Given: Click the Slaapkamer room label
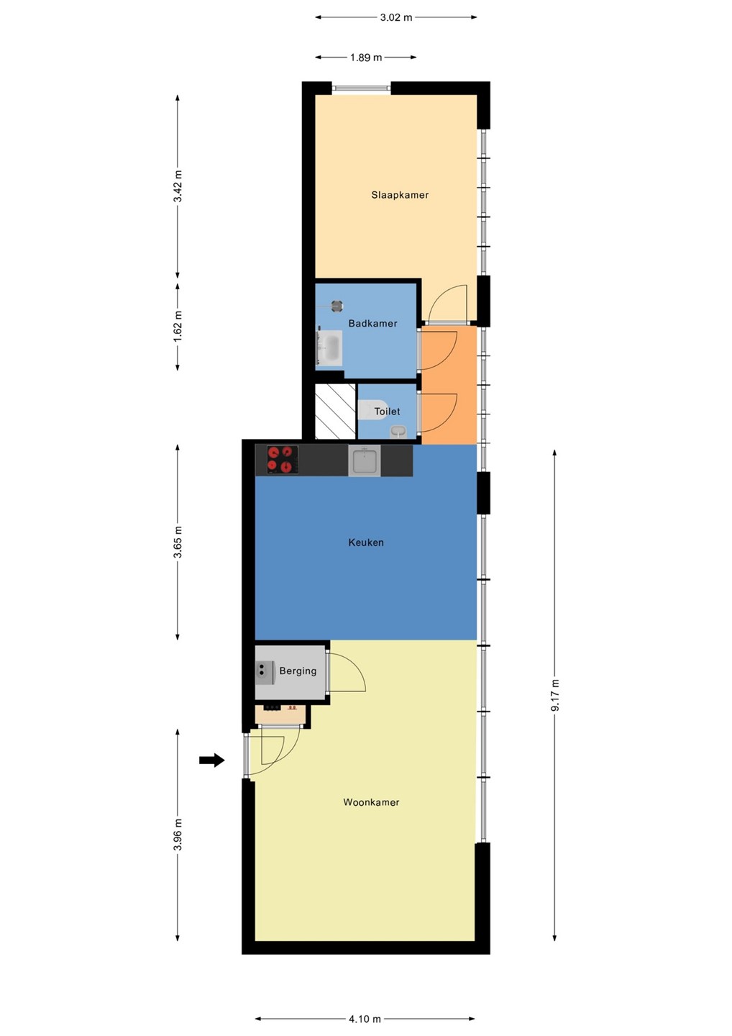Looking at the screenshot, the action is click(x=400, y=195).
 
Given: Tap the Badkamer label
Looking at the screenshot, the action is click(x=372, y=323).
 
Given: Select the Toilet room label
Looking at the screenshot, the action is click(x=387, y=412).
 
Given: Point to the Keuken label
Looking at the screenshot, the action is click(x=366, y=542).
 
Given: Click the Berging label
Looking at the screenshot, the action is click(x=298, y=671).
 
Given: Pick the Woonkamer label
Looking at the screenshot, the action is click(x=371, y=802).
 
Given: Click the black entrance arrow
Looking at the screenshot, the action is click(x=211, y=760).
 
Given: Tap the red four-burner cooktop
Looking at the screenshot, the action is click(x=283, y=460).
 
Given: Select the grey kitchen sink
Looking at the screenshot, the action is click(x=364, y=460).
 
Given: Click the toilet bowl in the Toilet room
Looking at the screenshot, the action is click(x=372, y=410).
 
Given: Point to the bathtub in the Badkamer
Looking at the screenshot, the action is click(x=330, y=348).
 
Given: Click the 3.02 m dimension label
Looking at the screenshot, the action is click(x=396, y=17).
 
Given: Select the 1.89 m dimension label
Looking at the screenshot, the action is click(x=366, y=58).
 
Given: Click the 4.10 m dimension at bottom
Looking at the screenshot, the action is click(x=365, y=1019).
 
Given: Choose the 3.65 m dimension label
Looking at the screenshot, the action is click(x=178, y=542).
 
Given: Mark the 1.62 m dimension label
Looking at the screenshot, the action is click(x=178, y=327).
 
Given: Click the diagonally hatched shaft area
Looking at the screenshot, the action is click(x=335, y=412).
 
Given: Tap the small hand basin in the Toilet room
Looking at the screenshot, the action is click(x=398, y=432).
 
